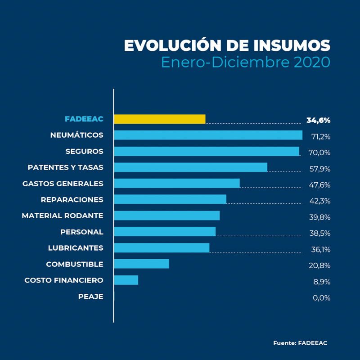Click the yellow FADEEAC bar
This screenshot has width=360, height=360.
point(160,119)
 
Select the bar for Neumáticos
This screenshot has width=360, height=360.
point(208,135)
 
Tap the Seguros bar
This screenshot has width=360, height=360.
point(207,151)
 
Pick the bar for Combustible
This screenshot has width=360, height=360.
point(142,264)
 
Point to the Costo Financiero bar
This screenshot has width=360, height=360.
point(126,280)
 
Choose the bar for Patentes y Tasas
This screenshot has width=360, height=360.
point(190,167)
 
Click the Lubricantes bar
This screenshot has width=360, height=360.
point(162,247)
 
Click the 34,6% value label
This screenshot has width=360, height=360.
point(318,120)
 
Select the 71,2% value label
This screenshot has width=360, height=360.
point(320,136)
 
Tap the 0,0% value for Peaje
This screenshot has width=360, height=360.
point(321,297)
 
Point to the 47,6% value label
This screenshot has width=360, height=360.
point(320,185)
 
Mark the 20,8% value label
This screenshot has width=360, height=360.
point(320,265)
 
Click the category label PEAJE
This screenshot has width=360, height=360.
point(90,297)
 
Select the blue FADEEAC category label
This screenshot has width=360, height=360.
point(84,119)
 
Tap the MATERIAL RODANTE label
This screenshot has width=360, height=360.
point(63,216)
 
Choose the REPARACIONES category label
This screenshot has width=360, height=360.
point(72,199)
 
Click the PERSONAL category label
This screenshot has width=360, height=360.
point(81,232)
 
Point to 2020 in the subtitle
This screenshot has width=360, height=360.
point(312,62)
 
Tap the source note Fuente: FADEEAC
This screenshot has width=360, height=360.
point(300,343)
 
